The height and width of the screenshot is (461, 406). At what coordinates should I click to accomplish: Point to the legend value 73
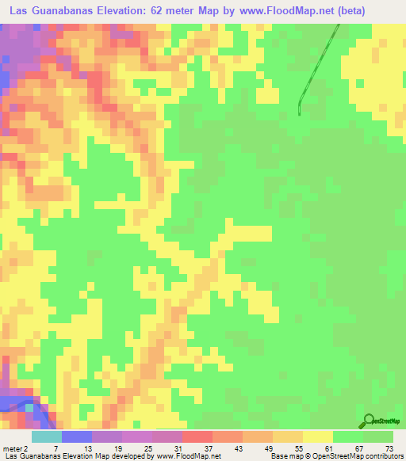coord(390,448)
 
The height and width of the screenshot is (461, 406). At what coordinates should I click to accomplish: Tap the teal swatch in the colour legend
coord(46,436)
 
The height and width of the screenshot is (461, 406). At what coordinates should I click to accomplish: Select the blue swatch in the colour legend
coord(76,436)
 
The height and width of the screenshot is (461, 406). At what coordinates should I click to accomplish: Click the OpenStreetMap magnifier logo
coord(368,421)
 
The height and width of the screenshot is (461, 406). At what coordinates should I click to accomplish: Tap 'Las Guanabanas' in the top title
coord(57,10)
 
